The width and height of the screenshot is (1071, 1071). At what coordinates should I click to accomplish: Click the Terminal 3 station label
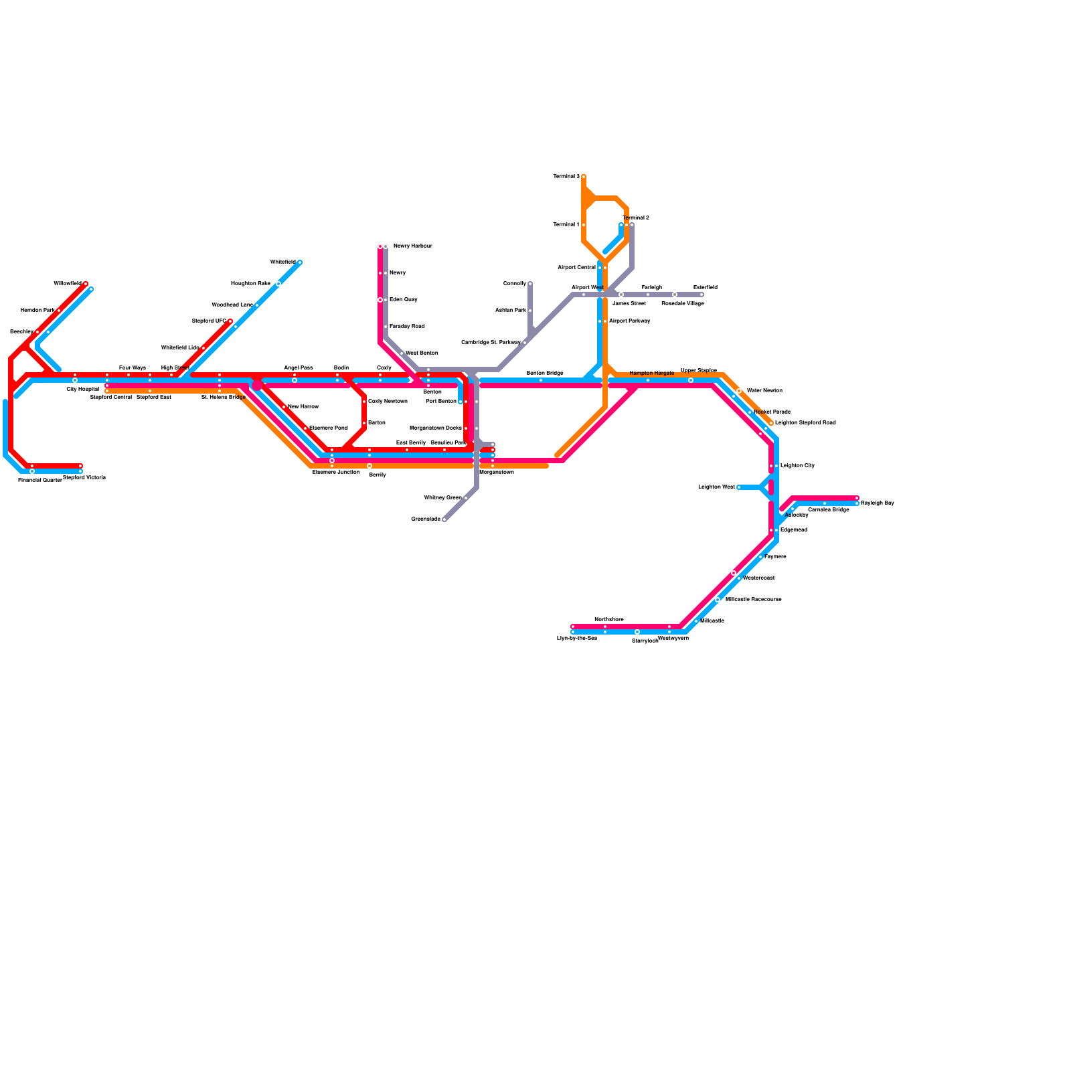[x=566, y=177]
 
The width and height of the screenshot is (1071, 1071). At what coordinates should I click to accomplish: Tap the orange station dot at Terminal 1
[x=584, y=225]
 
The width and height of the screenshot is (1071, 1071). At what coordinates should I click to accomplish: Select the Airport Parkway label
[x=629, y=321]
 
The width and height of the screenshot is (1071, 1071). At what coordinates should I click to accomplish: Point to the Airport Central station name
[x=576, y=268]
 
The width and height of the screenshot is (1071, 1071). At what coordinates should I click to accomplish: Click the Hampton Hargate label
[x=651, y=373]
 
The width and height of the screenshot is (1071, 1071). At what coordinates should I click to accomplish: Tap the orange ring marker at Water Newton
[x=739, y=391]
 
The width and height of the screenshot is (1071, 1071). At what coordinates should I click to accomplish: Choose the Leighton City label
[x=797, y=465]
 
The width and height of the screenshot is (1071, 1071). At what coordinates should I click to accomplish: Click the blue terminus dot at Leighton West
[x=739, y=487]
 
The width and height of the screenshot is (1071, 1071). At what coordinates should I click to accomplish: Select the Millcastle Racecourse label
[x=753, y=600]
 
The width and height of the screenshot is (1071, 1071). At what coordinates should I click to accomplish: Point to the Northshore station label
[x=608, y=620]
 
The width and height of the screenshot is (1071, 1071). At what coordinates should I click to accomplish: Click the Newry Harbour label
[x=412, y=246]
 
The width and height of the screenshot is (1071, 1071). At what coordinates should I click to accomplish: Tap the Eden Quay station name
[x=403, y=300]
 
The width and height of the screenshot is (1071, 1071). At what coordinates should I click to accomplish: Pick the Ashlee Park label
[x=510, y=311]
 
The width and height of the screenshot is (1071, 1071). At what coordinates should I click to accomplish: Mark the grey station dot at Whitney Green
[x=466, y=498]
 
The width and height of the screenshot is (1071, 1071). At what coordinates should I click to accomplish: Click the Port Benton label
[x=441, y=402]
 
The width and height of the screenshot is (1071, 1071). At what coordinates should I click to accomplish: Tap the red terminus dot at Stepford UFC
[x=230, y=321]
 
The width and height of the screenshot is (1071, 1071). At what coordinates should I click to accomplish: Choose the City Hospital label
[x=82, y=389]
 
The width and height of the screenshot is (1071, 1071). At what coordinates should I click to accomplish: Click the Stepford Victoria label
[x=84, y=478]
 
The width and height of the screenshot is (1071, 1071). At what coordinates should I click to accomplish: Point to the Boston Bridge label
[x=545, y=373]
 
